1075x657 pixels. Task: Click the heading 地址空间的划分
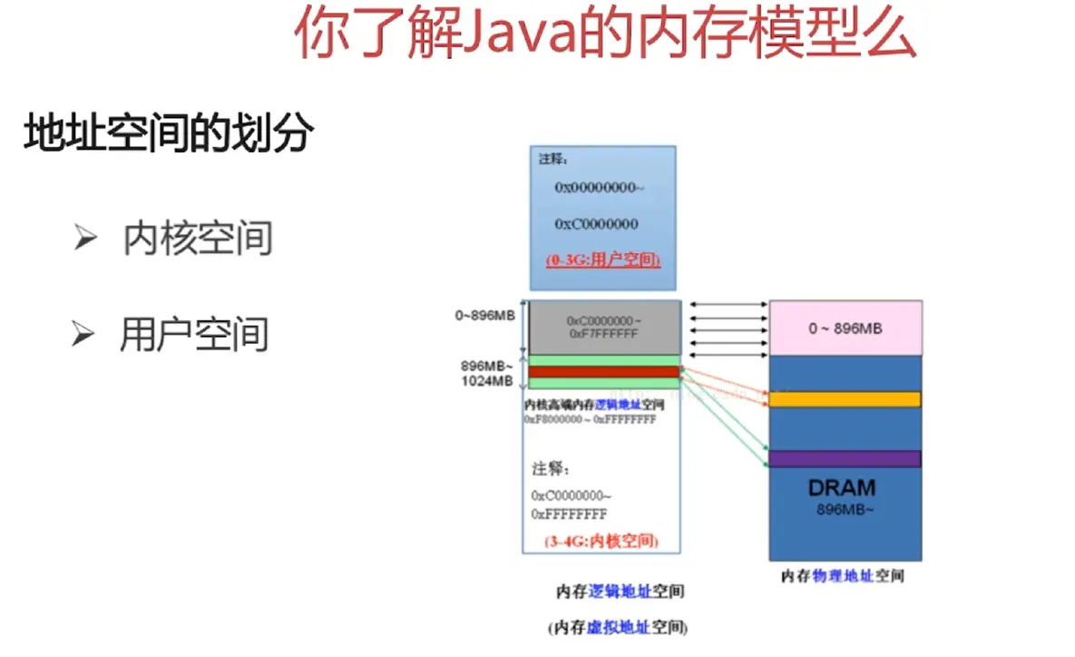click(169, 133)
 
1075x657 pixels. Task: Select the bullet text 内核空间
click(198, 239)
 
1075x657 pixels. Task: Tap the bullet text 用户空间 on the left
click(194, 334)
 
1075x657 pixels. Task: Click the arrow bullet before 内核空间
click(85, 239)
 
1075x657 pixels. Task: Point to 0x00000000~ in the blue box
click(599, 187)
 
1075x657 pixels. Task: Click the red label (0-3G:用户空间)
click(602, 260)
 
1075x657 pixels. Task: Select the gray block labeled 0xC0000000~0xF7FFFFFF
click(602, 328)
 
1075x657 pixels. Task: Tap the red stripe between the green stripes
click(602, 372)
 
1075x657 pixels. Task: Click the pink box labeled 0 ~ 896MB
click(845, 328)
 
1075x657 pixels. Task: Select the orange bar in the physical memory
click(845, 399)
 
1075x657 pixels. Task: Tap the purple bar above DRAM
click(845, 458)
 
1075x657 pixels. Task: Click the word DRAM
click(842, 488)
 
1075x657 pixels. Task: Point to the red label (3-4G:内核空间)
click(601, 542)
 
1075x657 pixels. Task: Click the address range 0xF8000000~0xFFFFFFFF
click(590, 420)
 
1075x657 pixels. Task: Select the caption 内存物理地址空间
click(843, 576)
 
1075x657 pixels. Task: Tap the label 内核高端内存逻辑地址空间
click(595, 405)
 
